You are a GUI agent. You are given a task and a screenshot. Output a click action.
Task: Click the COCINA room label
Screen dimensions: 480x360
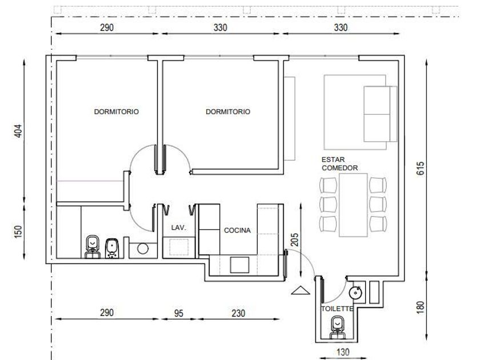coord(237,230)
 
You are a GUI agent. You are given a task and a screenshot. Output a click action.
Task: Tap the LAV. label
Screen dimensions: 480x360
coord(179,227)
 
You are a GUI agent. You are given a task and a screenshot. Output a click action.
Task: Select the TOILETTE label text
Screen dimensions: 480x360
coord(337,309)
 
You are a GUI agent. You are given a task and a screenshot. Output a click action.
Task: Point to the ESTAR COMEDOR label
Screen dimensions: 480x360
coord(339,164)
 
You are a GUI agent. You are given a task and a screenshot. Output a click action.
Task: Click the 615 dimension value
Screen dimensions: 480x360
coord(421,169)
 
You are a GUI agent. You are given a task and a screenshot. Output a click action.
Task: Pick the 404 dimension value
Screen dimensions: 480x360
coord(18,131)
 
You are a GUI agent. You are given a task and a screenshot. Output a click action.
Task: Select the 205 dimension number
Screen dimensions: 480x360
coord(294,239)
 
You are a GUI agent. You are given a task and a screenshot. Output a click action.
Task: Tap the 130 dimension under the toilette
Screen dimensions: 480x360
coord(343,353)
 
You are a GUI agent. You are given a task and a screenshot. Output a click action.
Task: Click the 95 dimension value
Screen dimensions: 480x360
coord(178,313)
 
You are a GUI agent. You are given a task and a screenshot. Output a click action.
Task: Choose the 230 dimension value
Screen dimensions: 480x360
coord(238,313)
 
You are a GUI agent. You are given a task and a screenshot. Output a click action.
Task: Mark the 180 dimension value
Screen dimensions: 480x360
coord(421,307)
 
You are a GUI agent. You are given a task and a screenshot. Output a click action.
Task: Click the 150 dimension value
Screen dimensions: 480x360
coord(18,232)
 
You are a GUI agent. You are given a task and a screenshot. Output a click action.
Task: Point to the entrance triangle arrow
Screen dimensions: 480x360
coord(301,290)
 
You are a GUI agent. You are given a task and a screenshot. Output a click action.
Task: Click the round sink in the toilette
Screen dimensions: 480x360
coord(355,293)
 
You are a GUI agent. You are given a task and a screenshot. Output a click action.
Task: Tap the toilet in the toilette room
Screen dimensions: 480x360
coord(338,328)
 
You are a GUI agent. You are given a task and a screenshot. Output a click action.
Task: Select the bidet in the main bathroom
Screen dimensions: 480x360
coord(112,248)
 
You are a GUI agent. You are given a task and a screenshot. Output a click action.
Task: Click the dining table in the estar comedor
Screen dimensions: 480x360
coord(353,205)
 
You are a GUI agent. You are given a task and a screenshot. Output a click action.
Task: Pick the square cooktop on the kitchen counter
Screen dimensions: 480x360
coord(239,265)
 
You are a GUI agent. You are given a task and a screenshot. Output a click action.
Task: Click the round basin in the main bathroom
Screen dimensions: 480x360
coord(143,249)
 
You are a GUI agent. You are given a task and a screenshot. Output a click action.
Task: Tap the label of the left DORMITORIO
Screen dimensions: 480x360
coord(117,112)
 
